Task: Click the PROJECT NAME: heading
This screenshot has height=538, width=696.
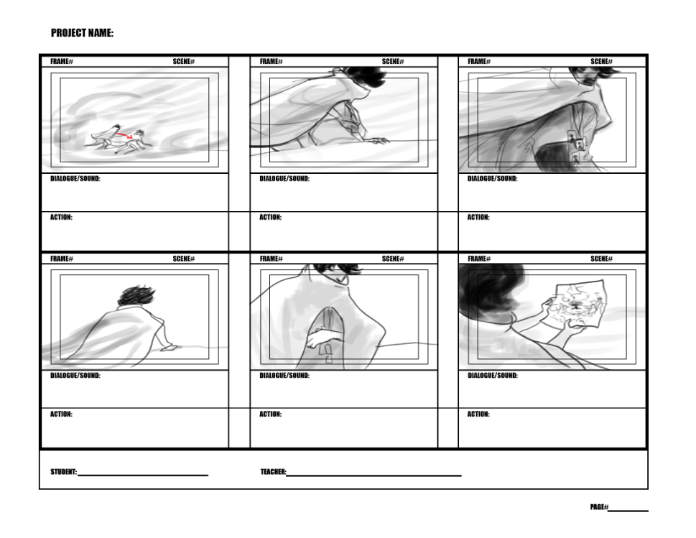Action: [82, 33]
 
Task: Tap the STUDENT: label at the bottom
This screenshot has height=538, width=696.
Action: [63, 471]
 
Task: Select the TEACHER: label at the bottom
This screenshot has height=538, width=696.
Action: [273, 471]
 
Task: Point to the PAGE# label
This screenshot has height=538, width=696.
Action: [599, 507]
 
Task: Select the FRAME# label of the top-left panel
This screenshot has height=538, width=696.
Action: [62, 61]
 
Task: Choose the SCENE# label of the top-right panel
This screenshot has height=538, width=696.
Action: [601, 61]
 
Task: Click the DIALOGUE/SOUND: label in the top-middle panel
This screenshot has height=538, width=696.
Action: [284, 178]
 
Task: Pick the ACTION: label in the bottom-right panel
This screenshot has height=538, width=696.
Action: [478, 414]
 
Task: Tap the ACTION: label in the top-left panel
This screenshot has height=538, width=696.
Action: [61, 217]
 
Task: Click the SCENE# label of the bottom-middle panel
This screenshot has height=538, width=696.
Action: [393, 259]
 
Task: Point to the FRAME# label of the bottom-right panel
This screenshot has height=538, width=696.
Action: [479, 259]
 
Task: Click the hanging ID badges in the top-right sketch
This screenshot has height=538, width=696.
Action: [576, 146]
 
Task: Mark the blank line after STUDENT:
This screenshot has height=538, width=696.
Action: [143, 475]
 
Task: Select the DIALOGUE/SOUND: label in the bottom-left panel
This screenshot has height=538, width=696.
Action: [75, 375]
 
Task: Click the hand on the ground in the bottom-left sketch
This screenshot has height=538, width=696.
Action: [169, 348]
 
